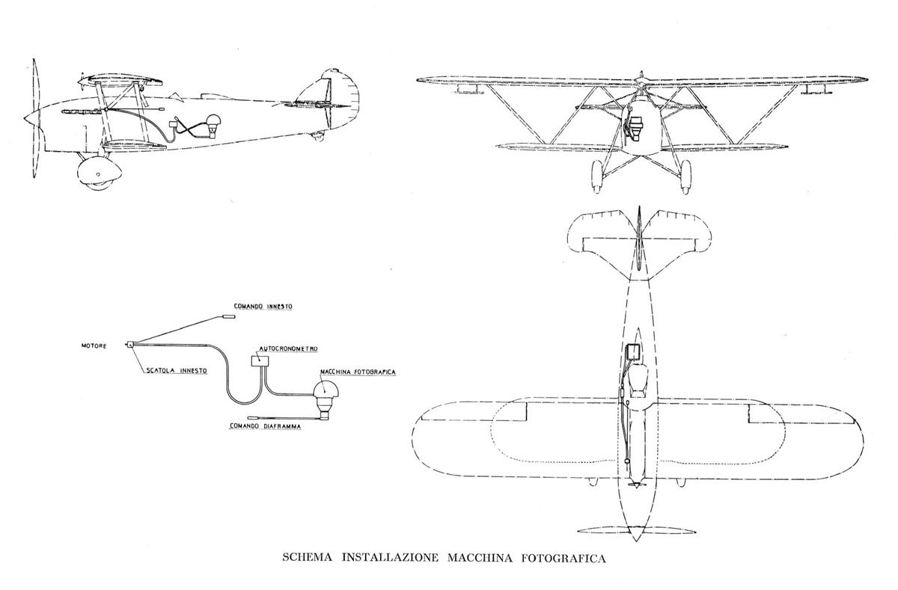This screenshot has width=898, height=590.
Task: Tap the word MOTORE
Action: tap(94, 345)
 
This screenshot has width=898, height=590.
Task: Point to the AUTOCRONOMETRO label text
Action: tap(289, 348)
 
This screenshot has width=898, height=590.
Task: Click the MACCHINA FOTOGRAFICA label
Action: tap(357, 372)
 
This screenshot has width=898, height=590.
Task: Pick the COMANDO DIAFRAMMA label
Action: tap(265, 428)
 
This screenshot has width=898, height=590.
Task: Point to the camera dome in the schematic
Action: tap(326, 390)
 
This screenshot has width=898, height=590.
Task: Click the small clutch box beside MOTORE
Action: tap(130, 345)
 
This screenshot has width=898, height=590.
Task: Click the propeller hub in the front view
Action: tap(640, 79)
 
